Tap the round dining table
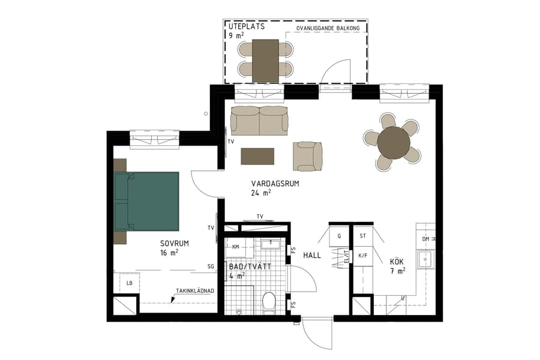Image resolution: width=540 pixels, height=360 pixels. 394,143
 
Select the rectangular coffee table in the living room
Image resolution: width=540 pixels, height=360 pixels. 257,156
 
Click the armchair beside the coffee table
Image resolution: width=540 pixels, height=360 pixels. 308,156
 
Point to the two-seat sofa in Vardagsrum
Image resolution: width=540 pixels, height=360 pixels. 259,121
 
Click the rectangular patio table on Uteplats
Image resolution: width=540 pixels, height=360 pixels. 265,60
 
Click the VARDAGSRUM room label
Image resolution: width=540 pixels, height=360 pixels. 275,184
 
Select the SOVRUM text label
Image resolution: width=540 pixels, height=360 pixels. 175,244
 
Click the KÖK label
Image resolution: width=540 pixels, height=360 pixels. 397,262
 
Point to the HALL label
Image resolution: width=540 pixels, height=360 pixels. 312,255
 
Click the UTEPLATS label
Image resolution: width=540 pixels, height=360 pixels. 247,27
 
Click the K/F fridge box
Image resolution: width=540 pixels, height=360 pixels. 362,255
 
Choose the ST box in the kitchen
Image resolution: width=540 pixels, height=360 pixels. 362,236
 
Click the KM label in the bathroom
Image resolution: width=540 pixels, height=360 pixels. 236,247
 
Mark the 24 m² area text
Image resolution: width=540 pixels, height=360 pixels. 261,193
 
